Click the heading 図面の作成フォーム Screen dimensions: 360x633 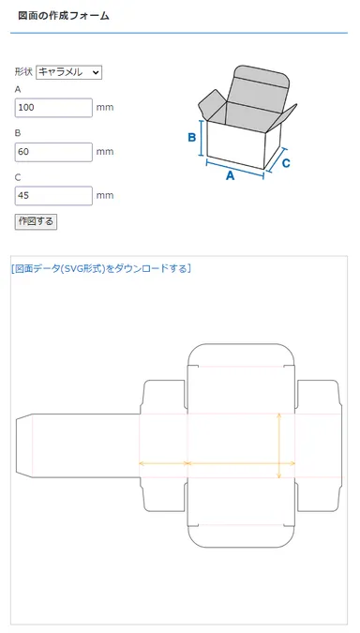tap(64, 16)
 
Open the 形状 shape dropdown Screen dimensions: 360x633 tap(68, 71)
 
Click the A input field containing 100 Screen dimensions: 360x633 tap(53, 107)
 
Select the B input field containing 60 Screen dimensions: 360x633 tap(53, 151)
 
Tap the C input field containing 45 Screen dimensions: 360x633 tap(53, 195)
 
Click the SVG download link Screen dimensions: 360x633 tap(101, 268)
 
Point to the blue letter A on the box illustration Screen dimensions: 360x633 tap(231, 174)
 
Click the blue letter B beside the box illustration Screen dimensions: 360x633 tap(191, 139)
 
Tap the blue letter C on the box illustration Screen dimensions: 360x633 tap(286, 162)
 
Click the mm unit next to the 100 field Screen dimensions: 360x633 tap(105, 108)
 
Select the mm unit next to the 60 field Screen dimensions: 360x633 tap(105, 152)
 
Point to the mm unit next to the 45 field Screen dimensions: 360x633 tap(105, 196)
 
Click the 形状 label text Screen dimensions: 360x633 tap(23, 71)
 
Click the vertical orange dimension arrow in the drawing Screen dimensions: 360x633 tap(279, 445)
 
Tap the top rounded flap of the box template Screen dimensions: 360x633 tap(242, 355)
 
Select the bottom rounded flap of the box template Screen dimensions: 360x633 tap(242, 535)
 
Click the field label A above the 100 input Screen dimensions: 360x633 tap(18, 89)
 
